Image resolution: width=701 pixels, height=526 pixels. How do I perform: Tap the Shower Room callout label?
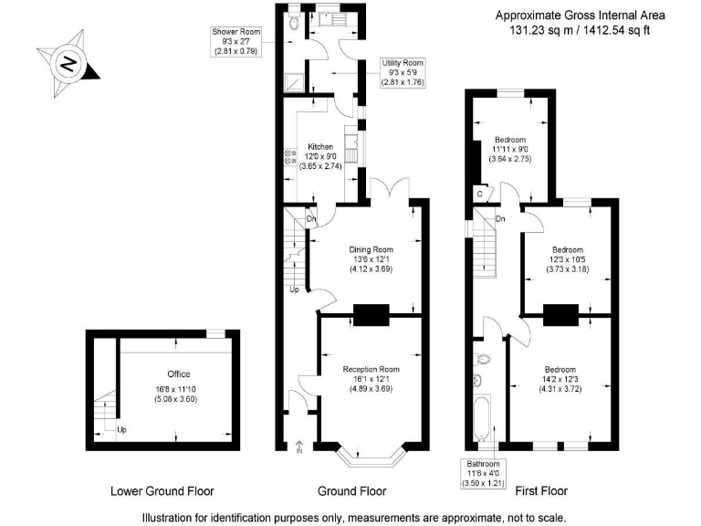pos(237,41)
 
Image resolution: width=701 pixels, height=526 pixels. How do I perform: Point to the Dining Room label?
pos(371,259)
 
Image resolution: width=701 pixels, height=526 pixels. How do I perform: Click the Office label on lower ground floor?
pos(178,386)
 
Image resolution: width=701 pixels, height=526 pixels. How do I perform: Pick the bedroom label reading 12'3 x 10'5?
pos(567,258)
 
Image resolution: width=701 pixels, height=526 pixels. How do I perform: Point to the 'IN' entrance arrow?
pos(299,447)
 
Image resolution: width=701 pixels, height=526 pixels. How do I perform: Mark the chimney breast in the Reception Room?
pos(371,316)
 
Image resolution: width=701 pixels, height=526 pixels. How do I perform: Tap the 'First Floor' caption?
pos(541,491)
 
